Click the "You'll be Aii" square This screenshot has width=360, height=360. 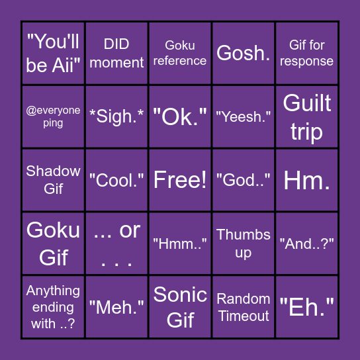[x=53, y=53]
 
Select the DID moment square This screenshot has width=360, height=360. [x=116, y=53]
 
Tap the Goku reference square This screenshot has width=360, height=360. [x=180, y=53]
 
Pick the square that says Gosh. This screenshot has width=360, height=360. [x=244, y=53]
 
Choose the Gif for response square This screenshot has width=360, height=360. [x=307, y=53]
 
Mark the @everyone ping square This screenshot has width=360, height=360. [x=53, y=116]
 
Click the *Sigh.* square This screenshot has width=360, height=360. [x=116, y=116]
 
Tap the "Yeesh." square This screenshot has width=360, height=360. [x=244, y=116]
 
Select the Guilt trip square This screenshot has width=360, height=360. [x=307, y=116]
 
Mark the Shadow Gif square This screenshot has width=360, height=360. [x=53, y=180]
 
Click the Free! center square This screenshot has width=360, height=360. [x=180, y=180]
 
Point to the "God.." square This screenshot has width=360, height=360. [x=244, y=180]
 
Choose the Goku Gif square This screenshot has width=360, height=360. [x=53, y=244]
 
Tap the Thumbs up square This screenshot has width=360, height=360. [x=244, y=244]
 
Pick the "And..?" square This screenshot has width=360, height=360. [x=307, y=244]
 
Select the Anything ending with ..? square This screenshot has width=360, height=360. [x=53, y=307]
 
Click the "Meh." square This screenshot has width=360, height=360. [x=116, y=307]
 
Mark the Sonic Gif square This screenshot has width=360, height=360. [x=180, y=307]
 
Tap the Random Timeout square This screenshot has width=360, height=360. [x=244, y=307]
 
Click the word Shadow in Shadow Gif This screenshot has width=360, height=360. [x=53, y=171]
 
